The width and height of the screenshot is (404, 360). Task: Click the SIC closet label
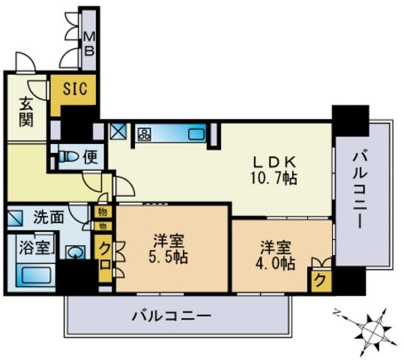[75, 88]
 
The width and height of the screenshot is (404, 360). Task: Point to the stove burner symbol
[144, 134]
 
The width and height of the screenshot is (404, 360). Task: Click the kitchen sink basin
[196, 134]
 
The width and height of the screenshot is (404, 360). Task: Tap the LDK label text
[274, 163]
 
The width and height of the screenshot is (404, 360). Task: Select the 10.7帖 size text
[274, 178]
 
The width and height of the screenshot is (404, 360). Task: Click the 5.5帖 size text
[168, 256]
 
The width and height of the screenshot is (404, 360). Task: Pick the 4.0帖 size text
[275, 263]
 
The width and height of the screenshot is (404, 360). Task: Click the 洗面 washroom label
[49, 218]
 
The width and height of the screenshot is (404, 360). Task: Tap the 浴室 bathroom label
[34, 247]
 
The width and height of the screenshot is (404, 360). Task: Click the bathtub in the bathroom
[36, 275]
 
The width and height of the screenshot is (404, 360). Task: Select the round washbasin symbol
[75, 252]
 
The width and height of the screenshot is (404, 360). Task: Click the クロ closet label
[105, 256]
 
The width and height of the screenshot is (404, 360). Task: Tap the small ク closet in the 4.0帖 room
[320, 280]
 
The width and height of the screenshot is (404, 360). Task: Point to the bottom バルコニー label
[172, 316]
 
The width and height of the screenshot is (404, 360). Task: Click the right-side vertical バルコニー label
[361, 190]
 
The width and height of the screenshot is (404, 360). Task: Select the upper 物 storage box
[103, 213]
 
